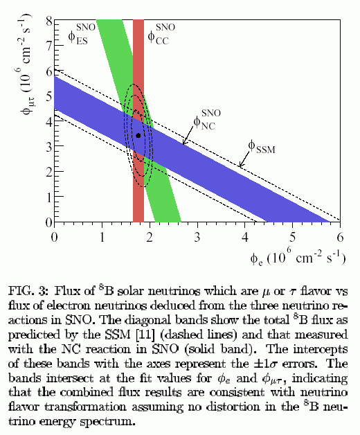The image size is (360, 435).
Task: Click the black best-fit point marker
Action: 138,135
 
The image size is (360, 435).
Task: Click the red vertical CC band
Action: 138,121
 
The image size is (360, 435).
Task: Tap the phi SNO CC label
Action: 161,34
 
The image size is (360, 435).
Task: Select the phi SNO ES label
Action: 82,34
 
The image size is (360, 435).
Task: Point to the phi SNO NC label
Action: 207,120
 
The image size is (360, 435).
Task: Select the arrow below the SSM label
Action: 244,159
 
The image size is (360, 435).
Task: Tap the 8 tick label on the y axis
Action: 49,21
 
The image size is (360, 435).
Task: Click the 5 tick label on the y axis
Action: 49,97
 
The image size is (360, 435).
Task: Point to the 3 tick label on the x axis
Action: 197,237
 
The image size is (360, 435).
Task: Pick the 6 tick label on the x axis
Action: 340,237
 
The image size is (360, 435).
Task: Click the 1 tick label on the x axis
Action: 102,237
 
